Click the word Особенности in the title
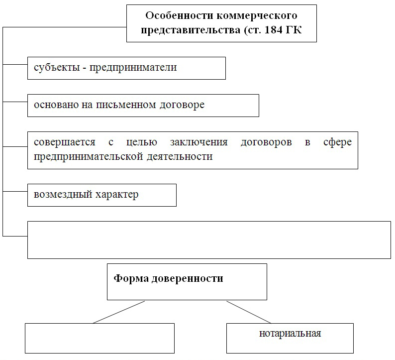[x=180, y=15]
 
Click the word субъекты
[x=57, y=68]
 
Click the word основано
[x=56, y=105]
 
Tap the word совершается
[x=65, y=142]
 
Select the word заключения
[x=199, y=142]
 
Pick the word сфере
[x=338, y=142]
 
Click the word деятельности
[x=180, y=157]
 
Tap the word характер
[x=117, y=195]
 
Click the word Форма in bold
[x=131, y=278]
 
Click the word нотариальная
[x=290, y=334]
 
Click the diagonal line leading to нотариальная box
[x=249, y=312]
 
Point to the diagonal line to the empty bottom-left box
[x=119, y=312]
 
